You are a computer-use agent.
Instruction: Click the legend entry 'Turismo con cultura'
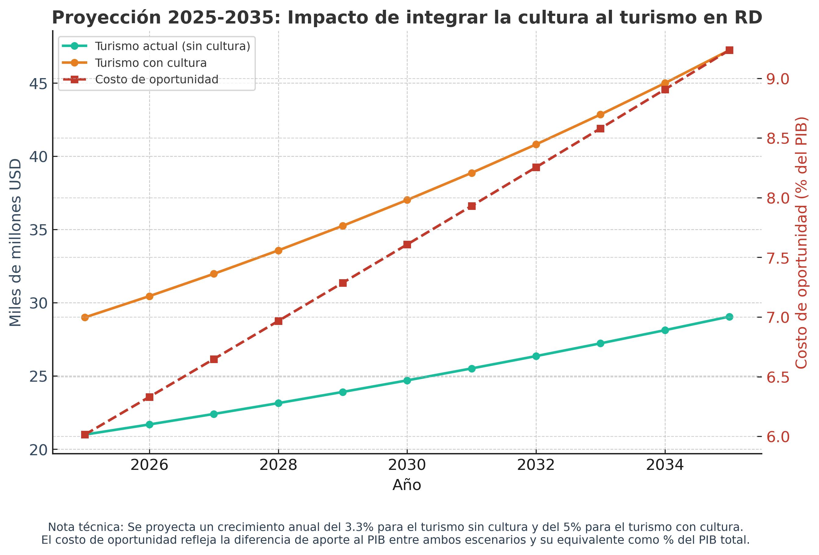click(151, 63)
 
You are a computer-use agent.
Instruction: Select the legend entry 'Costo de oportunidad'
click(157, 80)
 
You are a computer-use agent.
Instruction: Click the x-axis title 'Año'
click(407, 485)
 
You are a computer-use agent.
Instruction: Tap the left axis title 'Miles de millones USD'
click(15, 243)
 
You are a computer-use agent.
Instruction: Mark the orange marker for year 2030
click(407, 200)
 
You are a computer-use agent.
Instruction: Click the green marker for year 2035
click(729, 317)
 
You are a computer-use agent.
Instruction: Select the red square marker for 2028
click(278, 321)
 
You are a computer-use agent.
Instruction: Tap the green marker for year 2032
click(536, 356)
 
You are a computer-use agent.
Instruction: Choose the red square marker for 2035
click(729, 50)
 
